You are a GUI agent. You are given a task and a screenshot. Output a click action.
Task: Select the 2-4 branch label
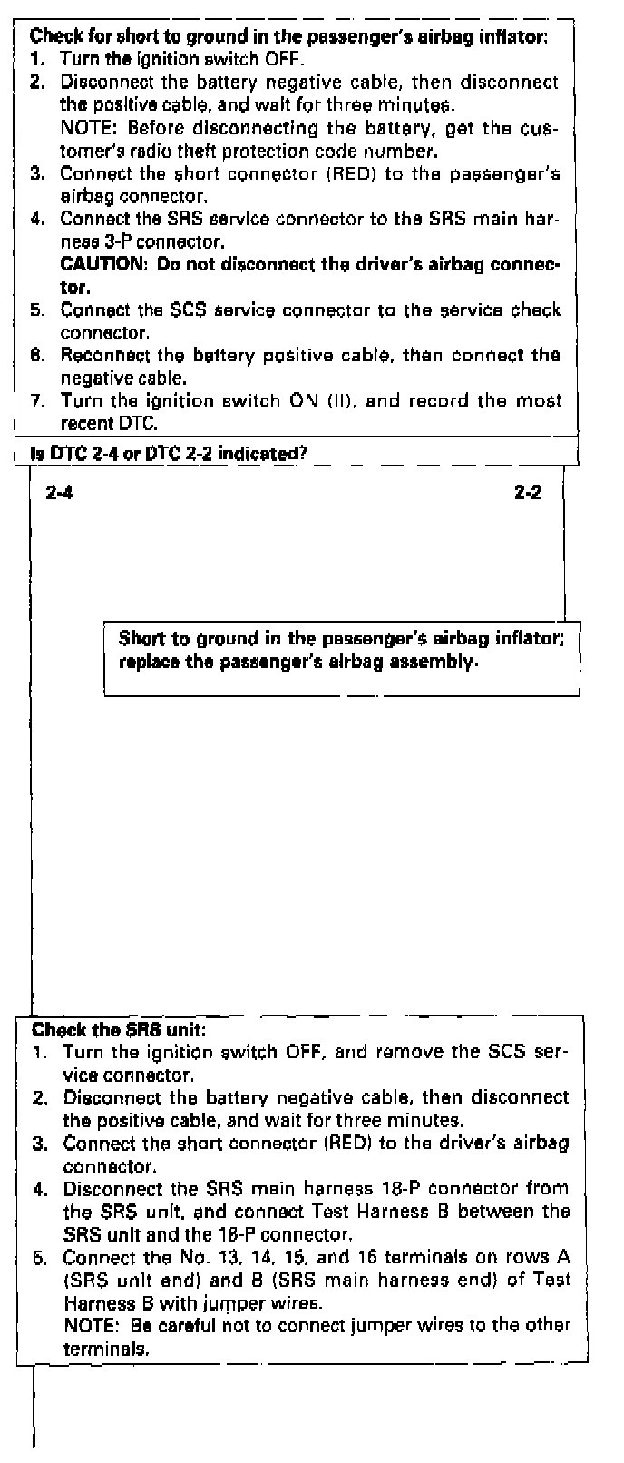59,494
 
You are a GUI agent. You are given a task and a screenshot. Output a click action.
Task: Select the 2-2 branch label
528,494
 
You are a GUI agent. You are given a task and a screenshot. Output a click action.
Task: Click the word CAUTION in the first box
102,265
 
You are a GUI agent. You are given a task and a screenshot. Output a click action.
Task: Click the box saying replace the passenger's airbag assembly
341,650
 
